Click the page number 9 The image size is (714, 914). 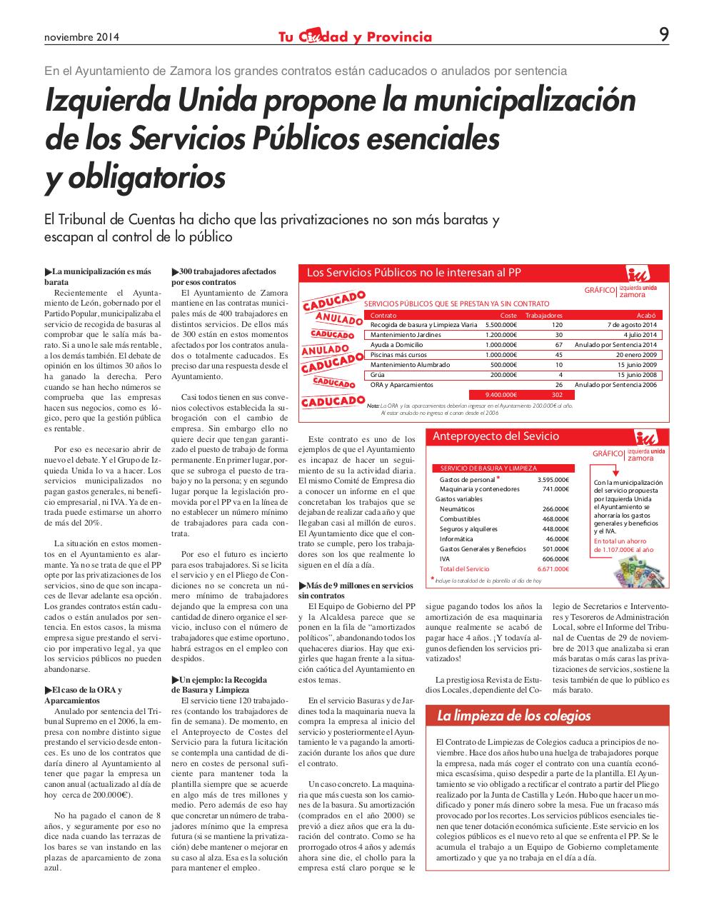click(663, 34)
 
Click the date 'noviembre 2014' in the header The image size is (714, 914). click(81, 37)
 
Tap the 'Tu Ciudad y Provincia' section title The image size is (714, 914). click(355, 37)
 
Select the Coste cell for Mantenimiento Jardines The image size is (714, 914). click(501, 334)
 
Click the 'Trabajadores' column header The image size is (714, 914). click(543, 315)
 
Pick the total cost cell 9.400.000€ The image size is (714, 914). click(501, 394)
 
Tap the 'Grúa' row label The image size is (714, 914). click(377, 374)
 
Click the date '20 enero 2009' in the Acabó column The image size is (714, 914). click(633, 354)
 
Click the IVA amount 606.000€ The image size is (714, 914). click(555, 558)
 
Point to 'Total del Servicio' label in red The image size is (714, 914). click(464, 569)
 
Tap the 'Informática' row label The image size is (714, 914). click(456, 539)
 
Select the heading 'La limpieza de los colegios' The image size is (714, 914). click(514, 715)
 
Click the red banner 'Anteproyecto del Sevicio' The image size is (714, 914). click(493, 436)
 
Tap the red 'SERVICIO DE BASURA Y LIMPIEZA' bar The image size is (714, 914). click(483, 468)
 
